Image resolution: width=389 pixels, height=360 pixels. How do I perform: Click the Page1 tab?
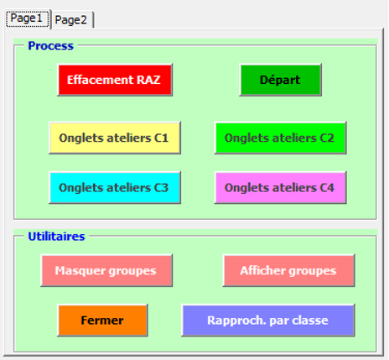point(27,19)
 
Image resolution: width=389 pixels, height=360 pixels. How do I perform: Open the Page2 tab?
point(71,20)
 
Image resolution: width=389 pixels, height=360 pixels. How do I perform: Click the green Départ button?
point(280,80)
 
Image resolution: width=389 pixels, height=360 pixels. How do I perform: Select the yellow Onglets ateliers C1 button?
point(115,138)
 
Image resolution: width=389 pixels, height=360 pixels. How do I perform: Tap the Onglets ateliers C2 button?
point(280,138)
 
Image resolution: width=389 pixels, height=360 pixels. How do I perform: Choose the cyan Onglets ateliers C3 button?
point(115,187)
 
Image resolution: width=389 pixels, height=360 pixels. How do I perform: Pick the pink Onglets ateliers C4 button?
point(280,187)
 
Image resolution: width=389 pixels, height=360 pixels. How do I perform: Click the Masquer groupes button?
point(106,270)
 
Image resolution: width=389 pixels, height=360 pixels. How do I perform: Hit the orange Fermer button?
point(102,321)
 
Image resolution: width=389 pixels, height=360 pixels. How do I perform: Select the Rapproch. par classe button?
point(268,321)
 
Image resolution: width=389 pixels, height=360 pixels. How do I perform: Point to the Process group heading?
point(50,46)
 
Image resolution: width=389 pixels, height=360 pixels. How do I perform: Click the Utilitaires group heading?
point(56,237)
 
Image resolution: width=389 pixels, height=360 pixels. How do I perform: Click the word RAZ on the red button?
point(148,80)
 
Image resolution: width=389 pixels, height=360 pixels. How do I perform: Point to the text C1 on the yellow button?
point(161,138)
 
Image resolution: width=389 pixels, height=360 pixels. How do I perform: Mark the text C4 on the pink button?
point(327,188)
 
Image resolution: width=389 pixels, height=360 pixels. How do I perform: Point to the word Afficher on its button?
point(262,270)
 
